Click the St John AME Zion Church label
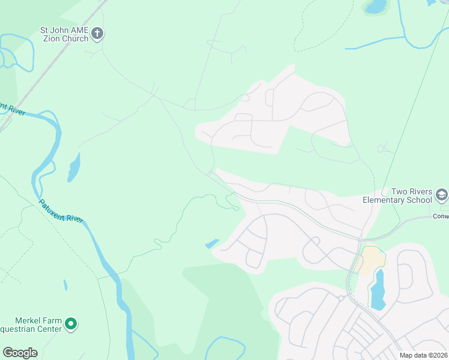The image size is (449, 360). pos(64,34)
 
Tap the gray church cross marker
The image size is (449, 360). pos(98,34)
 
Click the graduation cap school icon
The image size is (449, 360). pos(442,194)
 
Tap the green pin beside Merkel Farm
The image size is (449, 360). pos(71,325)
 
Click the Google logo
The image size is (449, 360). pos(20,352)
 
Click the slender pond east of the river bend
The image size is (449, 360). pos(73,167)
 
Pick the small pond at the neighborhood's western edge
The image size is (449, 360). pos(212,244)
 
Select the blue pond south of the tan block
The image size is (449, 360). pos(378,289)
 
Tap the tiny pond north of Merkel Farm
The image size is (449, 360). pos(65,285)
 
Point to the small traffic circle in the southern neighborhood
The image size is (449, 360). pos(340,298)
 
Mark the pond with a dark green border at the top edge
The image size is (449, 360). pos(376,7)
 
